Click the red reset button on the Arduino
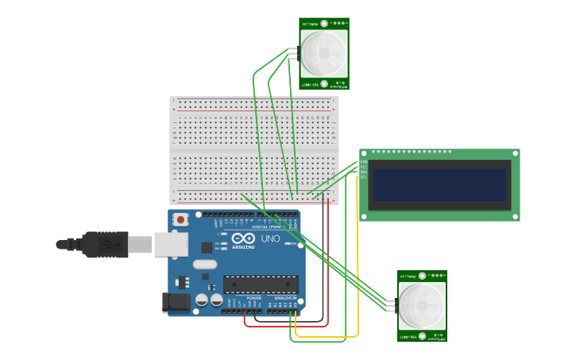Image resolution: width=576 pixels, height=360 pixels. [181, 219]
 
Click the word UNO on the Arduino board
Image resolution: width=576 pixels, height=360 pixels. [271, 238]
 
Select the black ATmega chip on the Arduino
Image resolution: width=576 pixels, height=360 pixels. [261, 284]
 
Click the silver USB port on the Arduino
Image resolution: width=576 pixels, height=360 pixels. [171, 244]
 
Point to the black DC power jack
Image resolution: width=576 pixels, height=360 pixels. [176, 302]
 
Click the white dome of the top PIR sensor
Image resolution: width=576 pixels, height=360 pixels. [324, 53]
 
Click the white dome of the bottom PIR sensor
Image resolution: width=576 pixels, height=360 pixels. [422, 306]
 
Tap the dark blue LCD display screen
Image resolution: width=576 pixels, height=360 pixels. [439, 185]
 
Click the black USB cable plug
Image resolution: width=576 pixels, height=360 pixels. [104, 244]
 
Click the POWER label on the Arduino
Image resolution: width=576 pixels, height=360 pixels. [242, 298]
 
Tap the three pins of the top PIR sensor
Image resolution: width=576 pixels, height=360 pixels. [292, 54]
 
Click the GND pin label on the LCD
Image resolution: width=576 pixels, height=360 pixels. [363, 161]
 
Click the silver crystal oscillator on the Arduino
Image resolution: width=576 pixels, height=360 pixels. [204, 265]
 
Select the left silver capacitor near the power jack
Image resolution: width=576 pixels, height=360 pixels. [202, 300]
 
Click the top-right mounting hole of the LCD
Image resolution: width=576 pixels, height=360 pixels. [515, 153]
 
